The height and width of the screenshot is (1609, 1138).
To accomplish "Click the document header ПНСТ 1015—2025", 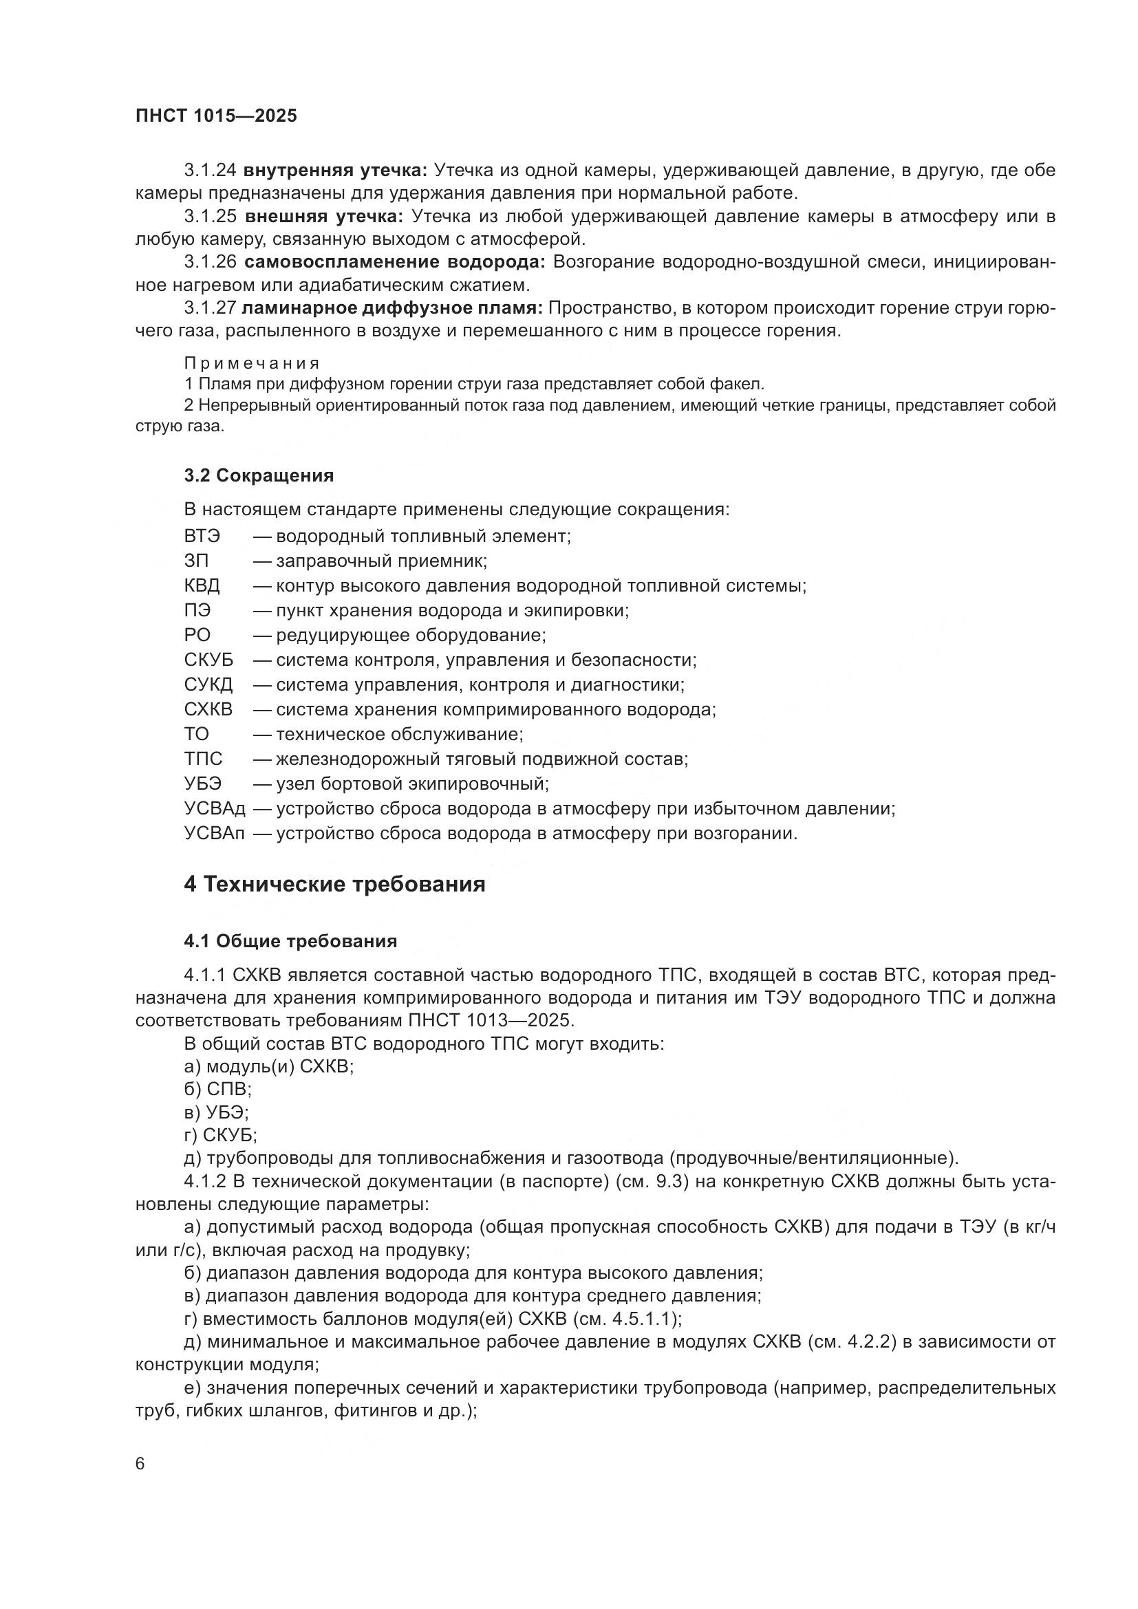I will click(216, 116).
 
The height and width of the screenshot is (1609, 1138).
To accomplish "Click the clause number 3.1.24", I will click(211, 171).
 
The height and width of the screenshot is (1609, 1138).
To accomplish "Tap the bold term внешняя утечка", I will click(324, 217).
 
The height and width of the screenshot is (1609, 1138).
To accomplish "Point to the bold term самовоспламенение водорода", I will click(394, 262).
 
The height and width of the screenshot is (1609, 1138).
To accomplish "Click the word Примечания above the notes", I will click(252, 363).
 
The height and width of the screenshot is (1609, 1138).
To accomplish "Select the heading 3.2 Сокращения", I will click(259, 476).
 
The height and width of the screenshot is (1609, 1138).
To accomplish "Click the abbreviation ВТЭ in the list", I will click(202, 536).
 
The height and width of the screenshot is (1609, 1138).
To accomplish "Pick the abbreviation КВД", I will click(202, 585).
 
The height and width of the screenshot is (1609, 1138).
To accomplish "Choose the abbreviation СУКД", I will click(208, 684).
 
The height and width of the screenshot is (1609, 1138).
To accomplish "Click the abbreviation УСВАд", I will click(215, 809).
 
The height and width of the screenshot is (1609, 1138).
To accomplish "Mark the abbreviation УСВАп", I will click(215, 833).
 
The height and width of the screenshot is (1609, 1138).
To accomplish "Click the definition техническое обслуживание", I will click(400, 734).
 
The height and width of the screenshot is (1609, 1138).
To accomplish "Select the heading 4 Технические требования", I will click(334, 885).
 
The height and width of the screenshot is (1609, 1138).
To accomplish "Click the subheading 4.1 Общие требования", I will click(290, 941).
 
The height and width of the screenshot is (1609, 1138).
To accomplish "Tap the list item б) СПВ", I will click(217, 1088).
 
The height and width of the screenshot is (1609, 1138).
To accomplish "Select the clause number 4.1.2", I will click(204, 1182).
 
